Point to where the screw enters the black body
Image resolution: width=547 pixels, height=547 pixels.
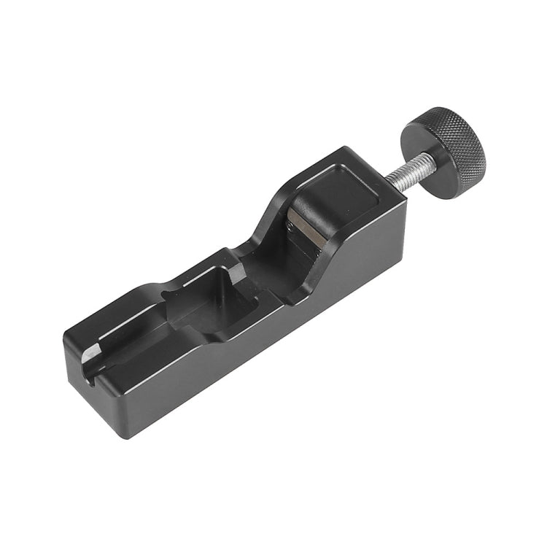point(382,183)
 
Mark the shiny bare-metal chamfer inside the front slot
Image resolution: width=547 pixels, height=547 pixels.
point(87,353)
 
